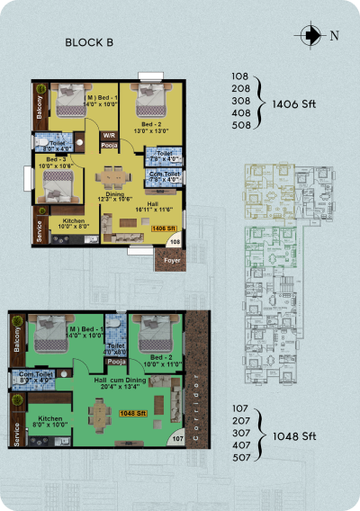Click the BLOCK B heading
[x=88, y=43]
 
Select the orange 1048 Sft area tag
[x=132, y=413]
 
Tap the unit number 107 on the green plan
[x=177, y=439]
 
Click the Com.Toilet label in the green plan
[x=26, y=377]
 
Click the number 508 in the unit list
[x=239, y=127]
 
